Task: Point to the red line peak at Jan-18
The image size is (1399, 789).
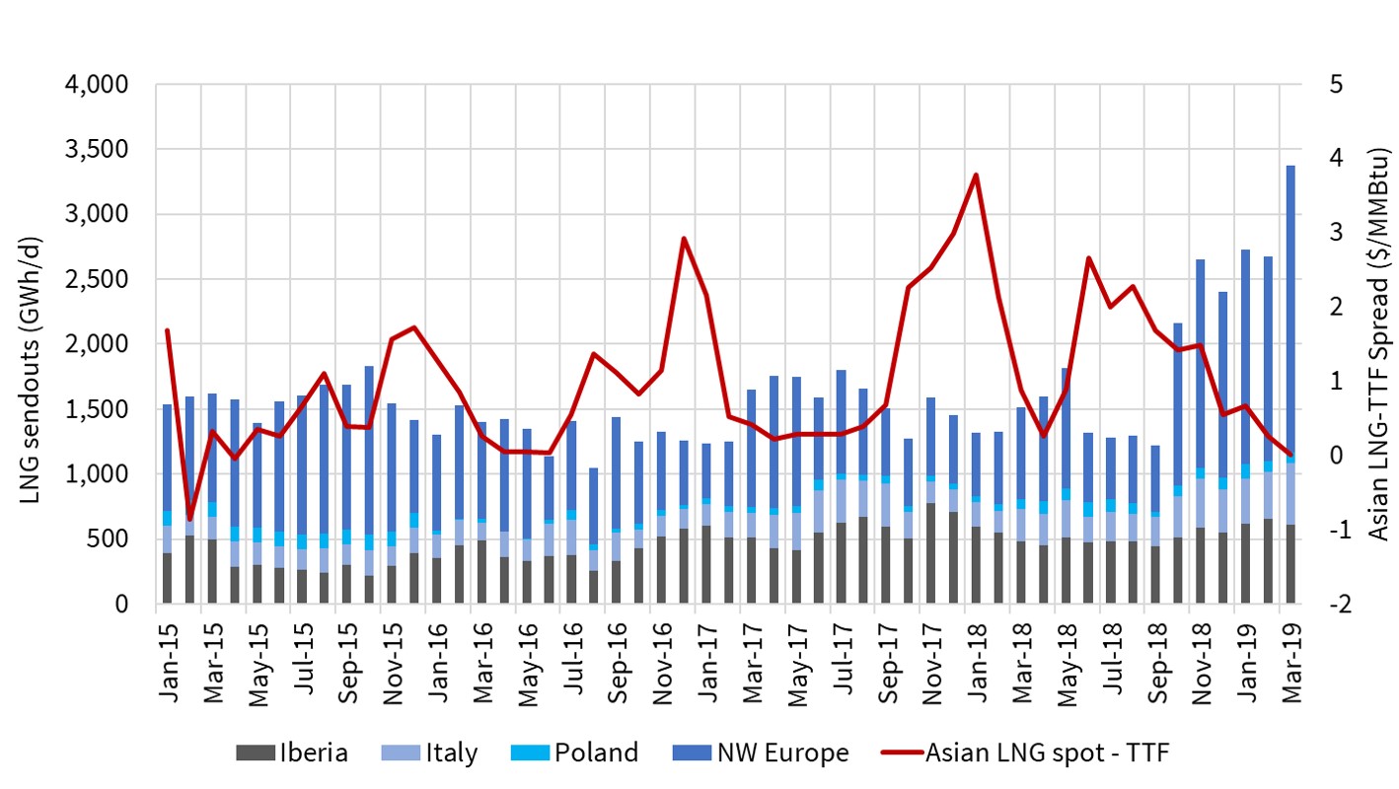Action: coord(976,175)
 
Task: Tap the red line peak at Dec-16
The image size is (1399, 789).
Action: coord(684,238)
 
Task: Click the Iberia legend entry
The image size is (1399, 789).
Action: coord(294,753)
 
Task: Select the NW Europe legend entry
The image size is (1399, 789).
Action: coord(760,753)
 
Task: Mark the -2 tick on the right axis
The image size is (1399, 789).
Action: coord(1322,605)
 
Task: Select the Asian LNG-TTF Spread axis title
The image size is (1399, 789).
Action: coord(1377,345)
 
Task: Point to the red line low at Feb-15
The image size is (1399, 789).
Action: coord(189,519)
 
